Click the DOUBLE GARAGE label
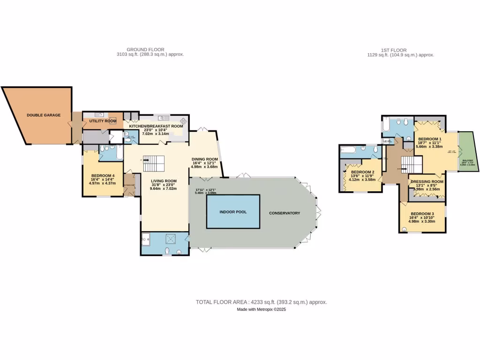(44, 115)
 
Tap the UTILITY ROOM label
(103, 121)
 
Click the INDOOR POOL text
(233, 212)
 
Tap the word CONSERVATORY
(284, 213)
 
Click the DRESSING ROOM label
(427, 181)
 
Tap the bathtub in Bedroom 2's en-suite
(350, 150)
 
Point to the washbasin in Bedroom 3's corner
(404, 229)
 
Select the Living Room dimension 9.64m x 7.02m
(163, 188)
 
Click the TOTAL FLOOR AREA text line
(261, 302)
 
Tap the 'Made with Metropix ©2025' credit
(261, 309)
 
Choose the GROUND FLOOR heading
(150, 50)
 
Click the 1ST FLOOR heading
(393, 50)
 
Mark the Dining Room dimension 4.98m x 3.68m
(204, 166)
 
